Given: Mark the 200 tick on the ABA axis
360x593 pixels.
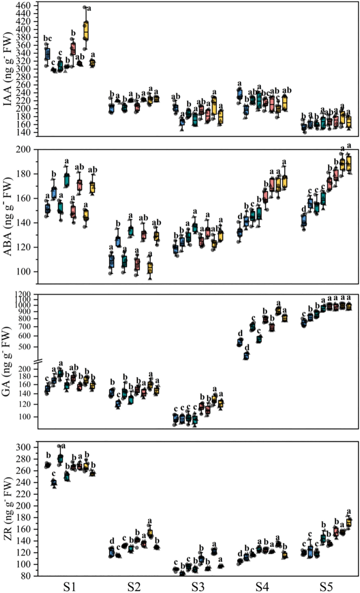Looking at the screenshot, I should pyautogui.click(x=24, y=150).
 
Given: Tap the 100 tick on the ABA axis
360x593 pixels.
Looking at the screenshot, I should pyautogui.click(x=24, y=272).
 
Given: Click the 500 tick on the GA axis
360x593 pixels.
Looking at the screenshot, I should pyautogui.click(x=24, y=347).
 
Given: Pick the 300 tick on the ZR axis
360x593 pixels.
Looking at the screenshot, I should pyautogui.click(x=24, y=448).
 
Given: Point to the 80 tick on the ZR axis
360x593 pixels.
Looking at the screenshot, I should pyautogui.click(x=26, y=576).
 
